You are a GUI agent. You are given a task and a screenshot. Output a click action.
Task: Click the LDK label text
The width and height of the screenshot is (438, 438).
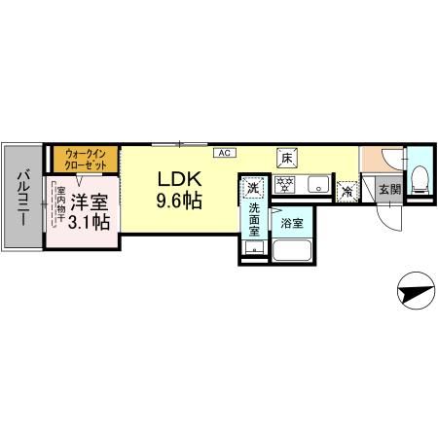(181, 181)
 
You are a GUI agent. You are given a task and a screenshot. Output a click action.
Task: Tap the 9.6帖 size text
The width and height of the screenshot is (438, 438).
(181, 202)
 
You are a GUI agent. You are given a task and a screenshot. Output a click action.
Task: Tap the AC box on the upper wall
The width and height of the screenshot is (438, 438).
(223, 153)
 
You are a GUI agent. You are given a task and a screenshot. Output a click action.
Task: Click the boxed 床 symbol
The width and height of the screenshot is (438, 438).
(286, 157)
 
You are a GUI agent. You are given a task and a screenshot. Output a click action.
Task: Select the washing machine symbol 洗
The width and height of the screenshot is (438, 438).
(253, 186)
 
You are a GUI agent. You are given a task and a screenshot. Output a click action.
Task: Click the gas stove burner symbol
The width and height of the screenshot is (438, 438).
(285, 184)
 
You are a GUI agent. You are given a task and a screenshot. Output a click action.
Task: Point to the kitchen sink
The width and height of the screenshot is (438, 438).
(315, 185)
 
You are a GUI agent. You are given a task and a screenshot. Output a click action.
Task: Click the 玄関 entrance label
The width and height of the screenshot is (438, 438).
(388, 190)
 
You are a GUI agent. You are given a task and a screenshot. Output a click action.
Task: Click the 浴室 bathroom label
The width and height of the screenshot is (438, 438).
(290, 223)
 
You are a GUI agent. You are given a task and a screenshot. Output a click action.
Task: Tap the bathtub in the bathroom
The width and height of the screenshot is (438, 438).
(290, 251)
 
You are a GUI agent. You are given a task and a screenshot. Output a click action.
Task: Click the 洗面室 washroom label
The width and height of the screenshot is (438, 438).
(254, 221)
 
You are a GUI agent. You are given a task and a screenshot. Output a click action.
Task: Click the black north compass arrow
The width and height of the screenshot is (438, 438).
(413, 290)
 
